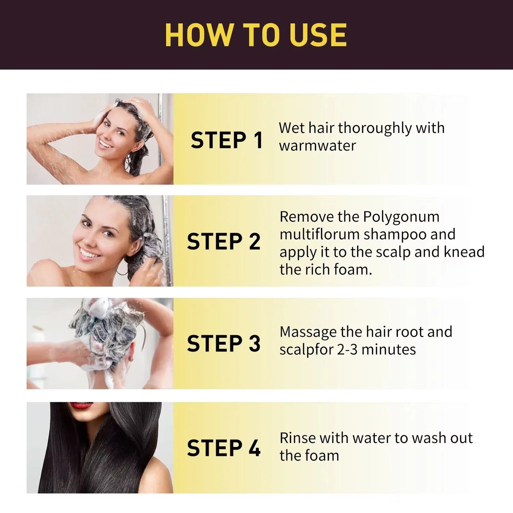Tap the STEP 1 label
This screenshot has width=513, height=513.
pyautogui.click(x=227, y=140)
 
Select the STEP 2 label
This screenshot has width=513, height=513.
pyautogui.click(x=224, y=241)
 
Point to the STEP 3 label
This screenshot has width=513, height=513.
pyautogui.click(x=224, y=343)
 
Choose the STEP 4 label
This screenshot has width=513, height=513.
pyautogui.click(x=224, y=448)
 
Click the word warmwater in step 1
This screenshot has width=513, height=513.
pyautogui.click(x=317, y=146)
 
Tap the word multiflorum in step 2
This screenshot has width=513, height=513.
pyautogui.click(x=320, y=234)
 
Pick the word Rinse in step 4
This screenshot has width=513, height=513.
pyautogui.click(x=297, y=438)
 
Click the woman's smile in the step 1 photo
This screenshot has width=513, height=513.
pyautogui.click(x=106, y=144)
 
